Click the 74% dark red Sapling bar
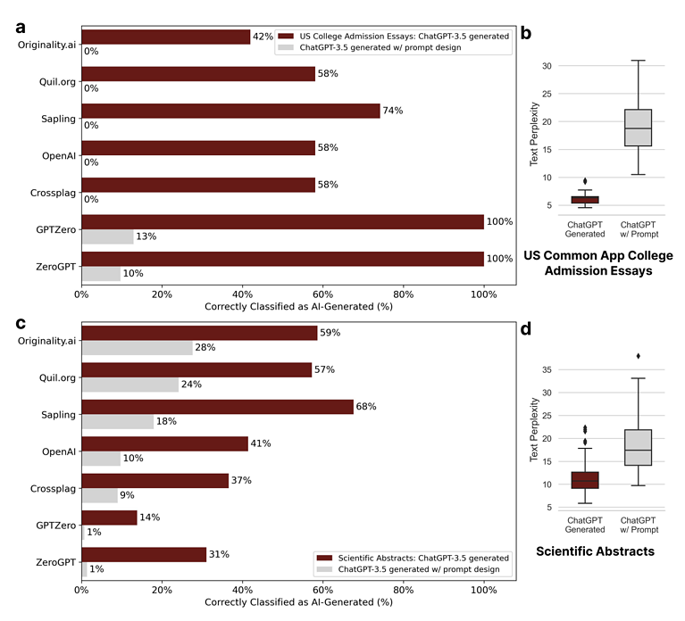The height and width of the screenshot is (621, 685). [230, 111]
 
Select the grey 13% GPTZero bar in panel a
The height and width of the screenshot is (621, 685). [107, 236]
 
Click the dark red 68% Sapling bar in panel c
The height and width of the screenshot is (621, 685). [217, 407]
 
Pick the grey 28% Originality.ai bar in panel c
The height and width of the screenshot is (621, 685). [137, 347]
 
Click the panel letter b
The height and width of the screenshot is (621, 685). [526, 34]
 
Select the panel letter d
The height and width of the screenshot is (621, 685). [526, 329]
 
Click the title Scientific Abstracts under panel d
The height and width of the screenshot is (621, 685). [595, 551]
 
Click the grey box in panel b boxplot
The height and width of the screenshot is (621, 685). [639, 128]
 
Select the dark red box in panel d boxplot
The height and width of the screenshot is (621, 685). [585, 480]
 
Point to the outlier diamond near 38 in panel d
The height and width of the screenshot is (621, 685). [639, 356]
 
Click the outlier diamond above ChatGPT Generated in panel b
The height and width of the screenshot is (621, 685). [585, 181]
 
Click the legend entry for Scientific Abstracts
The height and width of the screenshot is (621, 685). [410, 557]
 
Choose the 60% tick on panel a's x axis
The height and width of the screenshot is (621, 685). [322, 292]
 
